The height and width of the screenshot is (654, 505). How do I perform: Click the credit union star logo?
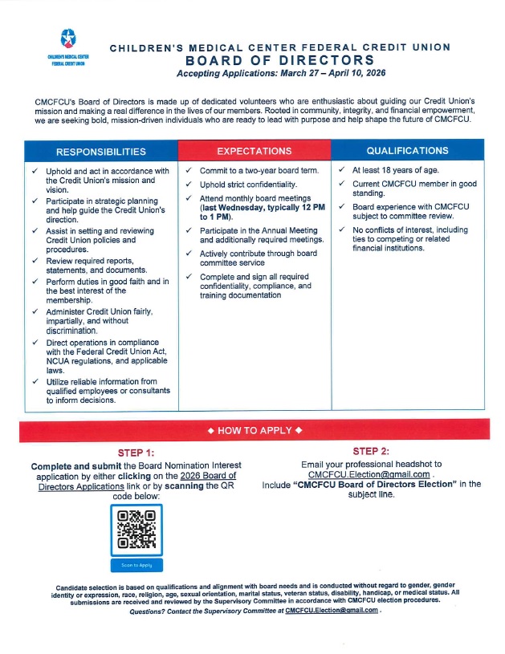coord(67,39)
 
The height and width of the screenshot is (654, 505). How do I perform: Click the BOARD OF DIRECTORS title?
coord(279,60)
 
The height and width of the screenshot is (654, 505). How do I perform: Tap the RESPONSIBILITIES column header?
coord(100,151)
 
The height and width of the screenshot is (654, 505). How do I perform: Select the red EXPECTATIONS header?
coord(255,150)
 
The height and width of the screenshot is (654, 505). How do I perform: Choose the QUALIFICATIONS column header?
coord(407,150)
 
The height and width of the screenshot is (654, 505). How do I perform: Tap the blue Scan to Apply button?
coord(136,565)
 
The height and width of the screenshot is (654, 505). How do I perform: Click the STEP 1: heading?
coord(136,453)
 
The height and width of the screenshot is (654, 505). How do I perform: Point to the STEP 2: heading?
coord(371,451)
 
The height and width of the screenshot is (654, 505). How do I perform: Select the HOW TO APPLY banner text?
coord(254,431)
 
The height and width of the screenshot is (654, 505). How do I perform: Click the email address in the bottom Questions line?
coord(331,611)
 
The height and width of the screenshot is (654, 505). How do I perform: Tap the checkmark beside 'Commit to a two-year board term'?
coord(187,171)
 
